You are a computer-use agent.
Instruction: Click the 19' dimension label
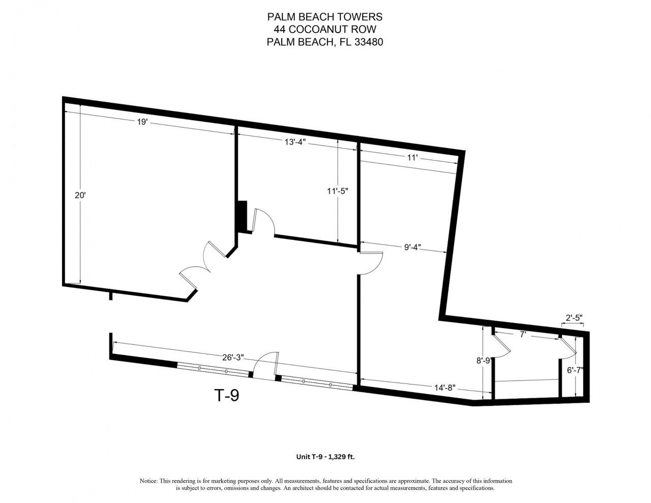tap(142, 122)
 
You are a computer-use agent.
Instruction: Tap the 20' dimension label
tap(79, 195)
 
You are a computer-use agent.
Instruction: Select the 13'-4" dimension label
tap(294, 142)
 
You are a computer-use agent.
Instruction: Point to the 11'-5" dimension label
tap(337, 191)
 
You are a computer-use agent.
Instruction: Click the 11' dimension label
tap(412, 158)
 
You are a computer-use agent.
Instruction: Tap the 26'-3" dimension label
tap(233, 357)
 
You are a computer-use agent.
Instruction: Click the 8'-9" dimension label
tap(483, 361)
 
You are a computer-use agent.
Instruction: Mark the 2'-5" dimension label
tap(574, 318)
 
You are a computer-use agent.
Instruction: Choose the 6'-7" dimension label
tap(575, 370)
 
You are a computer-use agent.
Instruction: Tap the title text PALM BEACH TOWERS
tap(325, 17)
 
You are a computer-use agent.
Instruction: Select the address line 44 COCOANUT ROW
tap(325, 29)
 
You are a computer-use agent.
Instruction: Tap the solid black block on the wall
tap(242, 216)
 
